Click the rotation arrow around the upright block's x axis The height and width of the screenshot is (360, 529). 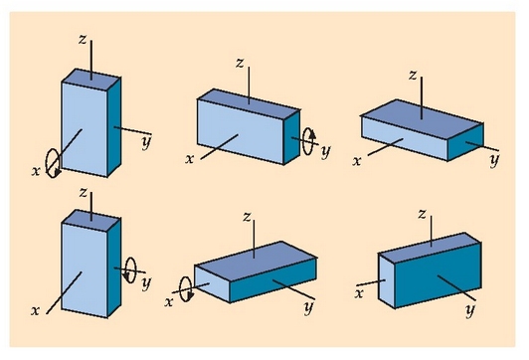pyautogui.click(x=47, y=164)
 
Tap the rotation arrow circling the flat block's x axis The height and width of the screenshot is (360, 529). pyautogui.click(x=181, y=289)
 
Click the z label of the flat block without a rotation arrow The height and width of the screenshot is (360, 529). pyautogui.click(x=413, y=75)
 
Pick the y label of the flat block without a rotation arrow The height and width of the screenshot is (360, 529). pyautogui.click(x=494, y=159)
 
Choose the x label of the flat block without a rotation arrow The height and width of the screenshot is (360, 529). pyautogui.click(x=357, y=161)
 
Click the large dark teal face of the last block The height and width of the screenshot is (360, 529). pyautogui.click(x=438, y=275)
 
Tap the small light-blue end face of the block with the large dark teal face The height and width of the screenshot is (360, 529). pyautogui.click(x=387, y=280)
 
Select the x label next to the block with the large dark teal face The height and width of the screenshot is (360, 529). pyautogui.click(x=359, y=293)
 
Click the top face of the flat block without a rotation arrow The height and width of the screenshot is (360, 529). pyautogui.click(x=422, y=118)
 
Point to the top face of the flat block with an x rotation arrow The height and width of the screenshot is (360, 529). pyautogui.click(x=256, y=261)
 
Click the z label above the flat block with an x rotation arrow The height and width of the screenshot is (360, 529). pyautogui.click(x=247, y=217)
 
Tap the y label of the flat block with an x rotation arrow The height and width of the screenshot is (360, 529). pyautogui.click(x=308, y=307)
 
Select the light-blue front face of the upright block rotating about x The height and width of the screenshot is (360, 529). pyautogui.click(x=85, y=129)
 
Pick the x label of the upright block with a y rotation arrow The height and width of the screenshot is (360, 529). pyautogui.click(x=35, y=310)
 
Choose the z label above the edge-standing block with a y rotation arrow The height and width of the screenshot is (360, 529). pyautogui.click(x=240, y=63)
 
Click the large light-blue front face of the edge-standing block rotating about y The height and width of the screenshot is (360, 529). pyautogui.click(x=241, y=132)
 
